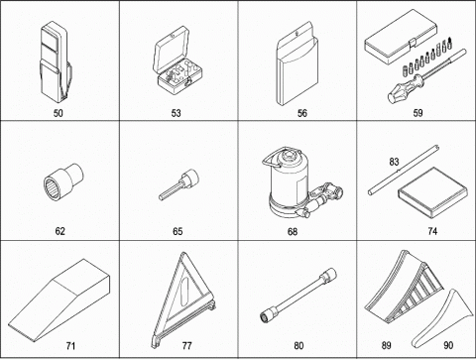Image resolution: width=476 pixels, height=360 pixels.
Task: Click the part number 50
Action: click(58, 113)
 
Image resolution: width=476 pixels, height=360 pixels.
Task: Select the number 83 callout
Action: click(394, 162)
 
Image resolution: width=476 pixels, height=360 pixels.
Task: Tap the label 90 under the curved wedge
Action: click(448, 345)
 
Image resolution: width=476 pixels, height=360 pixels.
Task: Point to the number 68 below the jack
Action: click(293, 231)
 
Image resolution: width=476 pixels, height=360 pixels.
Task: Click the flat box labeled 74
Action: click(433, 192)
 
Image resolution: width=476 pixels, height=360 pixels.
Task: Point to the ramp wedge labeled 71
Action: click(59, 300)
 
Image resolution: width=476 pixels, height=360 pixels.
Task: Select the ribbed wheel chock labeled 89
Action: click(404, 287)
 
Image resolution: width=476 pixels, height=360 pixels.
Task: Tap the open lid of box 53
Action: click(172, 52)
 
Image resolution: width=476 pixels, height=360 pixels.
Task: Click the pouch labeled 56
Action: click(297, 63)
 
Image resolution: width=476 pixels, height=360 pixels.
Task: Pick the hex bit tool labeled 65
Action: click(178, 184)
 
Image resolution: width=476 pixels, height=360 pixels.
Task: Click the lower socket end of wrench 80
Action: click(267, 314)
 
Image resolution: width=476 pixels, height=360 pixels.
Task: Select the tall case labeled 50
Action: click(56, 62)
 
